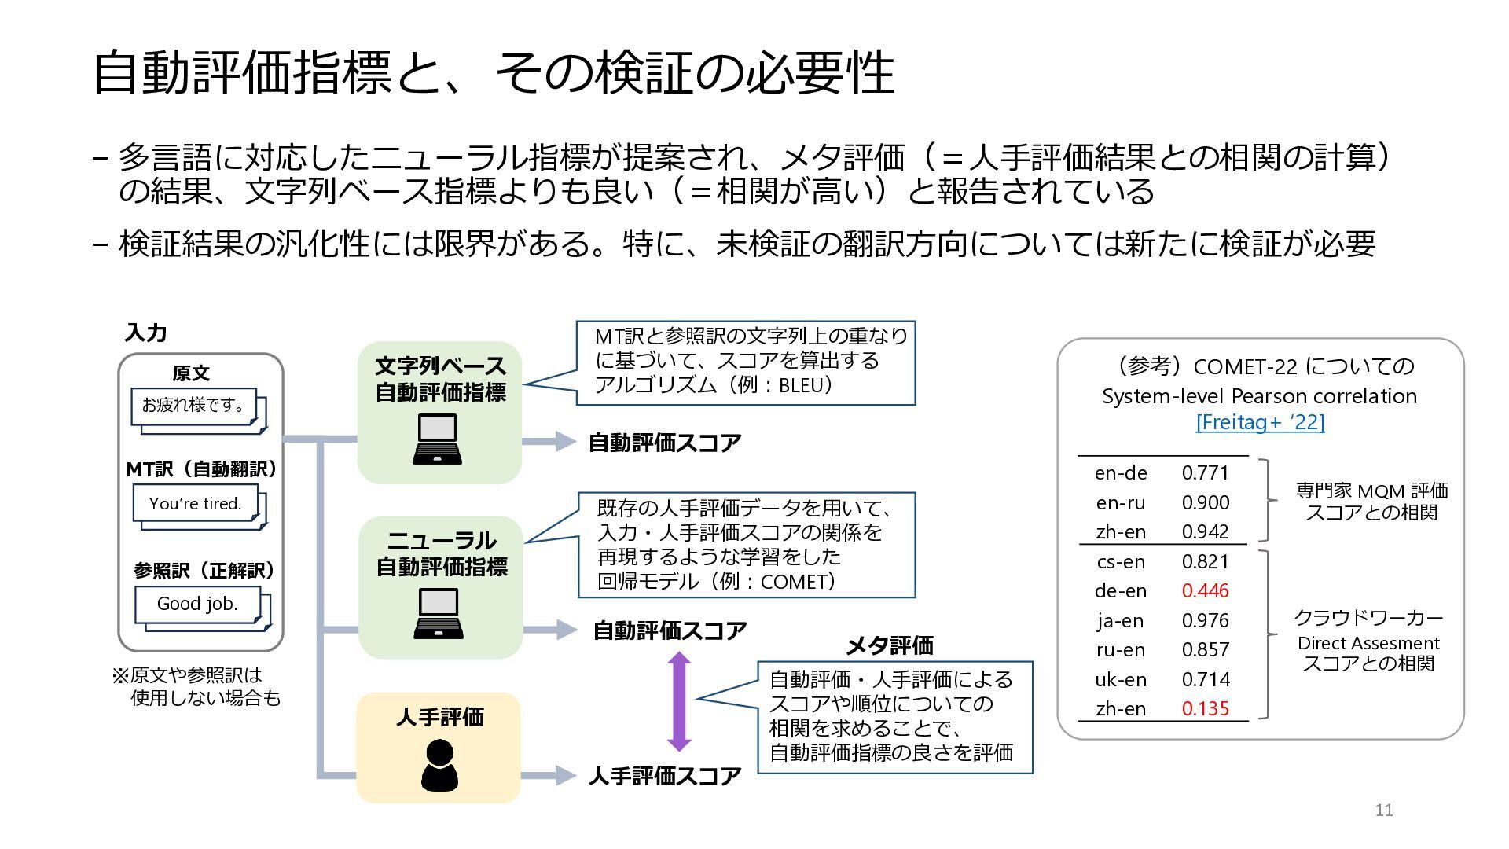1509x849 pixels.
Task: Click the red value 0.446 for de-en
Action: [1205, 591]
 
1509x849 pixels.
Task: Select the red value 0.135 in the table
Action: [1205, 709]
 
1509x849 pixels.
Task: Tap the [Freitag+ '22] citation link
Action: [1260, 422]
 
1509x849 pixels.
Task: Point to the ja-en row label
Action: [1121, 621]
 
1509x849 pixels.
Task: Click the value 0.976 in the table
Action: [1205, 621]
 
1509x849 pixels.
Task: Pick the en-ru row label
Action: [1121, 503]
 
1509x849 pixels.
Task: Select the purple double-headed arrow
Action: [679, 702]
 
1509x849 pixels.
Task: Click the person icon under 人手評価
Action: [439, 765]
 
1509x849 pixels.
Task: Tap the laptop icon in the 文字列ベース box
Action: [438, 439]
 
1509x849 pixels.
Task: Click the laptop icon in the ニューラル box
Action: [439, 614]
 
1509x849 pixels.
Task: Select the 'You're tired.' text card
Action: [196, 503]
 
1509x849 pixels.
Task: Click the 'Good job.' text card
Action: [197, 604]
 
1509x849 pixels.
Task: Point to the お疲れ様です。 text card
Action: [193, 406]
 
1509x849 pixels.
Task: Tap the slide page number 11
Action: [1384, 810]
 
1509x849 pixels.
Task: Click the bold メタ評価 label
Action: [889, 646]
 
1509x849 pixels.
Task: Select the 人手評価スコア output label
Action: [665, 777]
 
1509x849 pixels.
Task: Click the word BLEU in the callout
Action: [802, 385]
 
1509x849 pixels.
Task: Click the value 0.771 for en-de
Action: [1205, 473]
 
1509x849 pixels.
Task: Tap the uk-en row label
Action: [1121, 680]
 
